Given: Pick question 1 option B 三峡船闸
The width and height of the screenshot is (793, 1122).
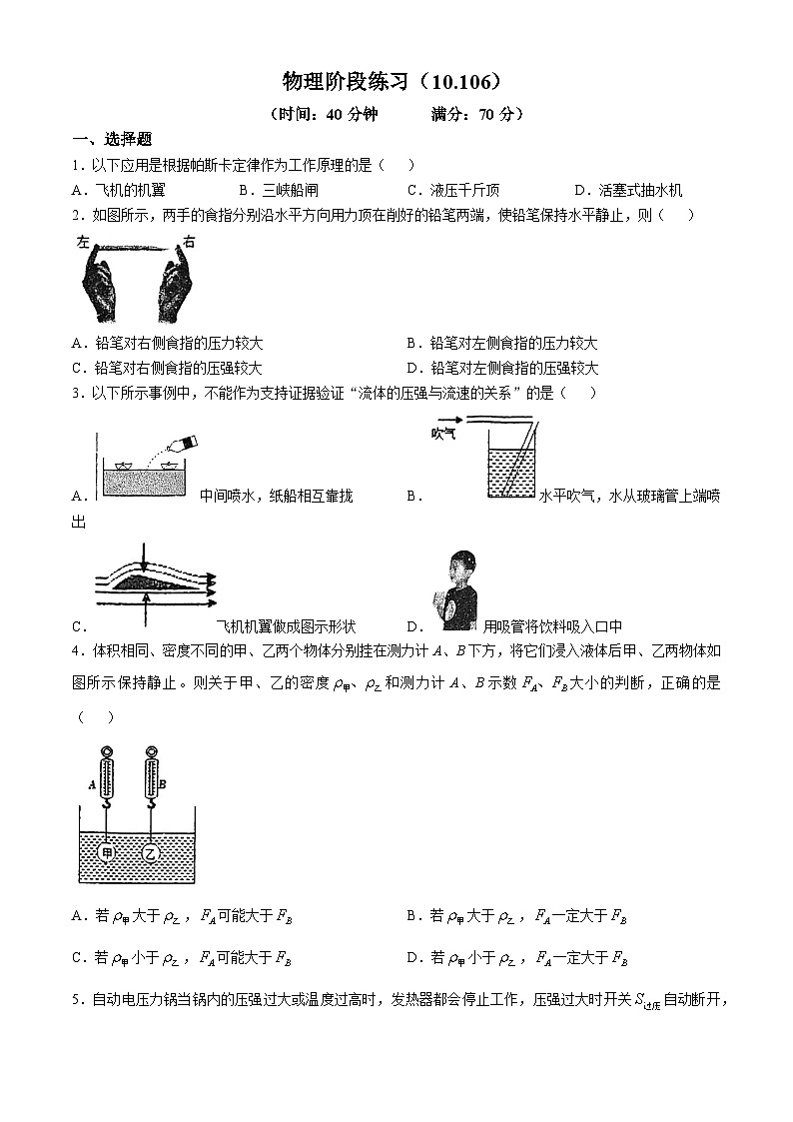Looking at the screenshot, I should click(291, 190).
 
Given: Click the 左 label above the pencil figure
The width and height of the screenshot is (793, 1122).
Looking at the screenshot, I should click(84, 242).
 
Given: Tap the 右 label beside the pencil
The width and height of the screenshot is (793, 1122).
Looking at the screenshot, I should click(189, 242).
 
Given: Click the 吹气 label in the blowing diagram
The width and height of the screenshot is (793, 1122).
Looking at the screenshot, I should click(443, 433).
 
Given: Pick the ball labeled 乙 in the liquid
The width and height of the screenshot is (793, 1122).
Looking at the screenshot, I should click(151, 854).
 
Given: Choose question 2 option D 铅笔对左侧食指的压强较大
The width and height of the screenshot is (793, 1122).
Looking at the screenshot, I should click(514, 368).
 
